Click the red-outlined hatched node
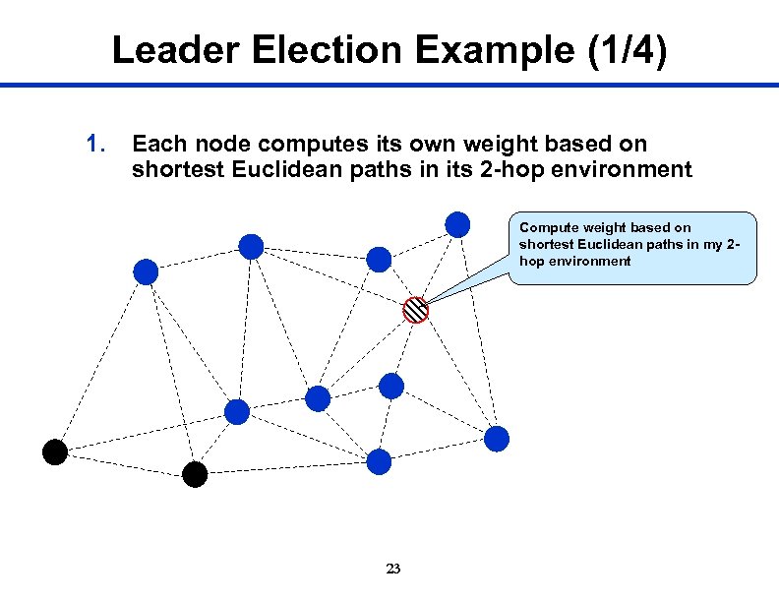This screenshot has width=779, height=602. point(416,309)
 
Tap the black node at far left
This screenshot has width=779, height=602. point(55,451)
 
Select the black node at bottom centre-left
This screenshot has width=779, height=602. point(195,475)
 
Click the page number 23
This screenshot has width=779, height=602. point(393,569)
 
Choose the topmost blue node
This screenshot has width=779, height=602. point(456,224)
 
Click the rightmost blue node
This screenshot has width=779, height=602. point(497,438)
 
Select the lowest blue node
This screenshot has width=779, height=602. point(380,460)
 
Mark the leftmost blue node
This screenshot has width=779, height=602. point(146,271)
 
